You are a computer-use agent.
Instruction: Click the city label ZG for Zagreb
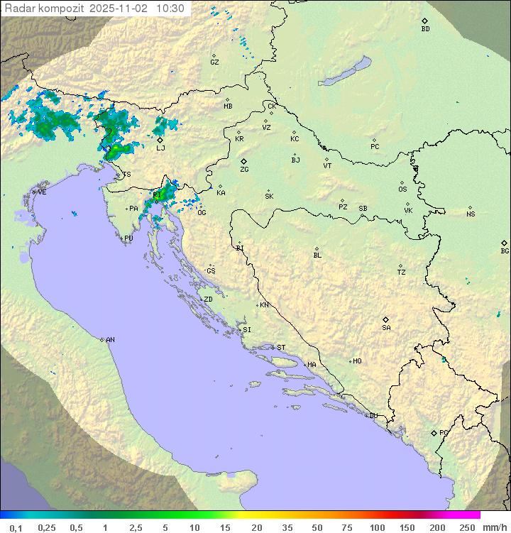pos(244,170)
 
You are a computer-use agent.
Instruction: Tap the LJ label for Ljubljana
pos(160,148)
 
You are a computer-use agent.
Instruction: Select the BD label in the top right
pos(425,29)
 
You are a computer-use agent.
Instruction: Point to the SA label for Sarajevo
pos(386,327)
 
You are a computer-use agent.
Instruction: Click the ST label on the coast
pos(281,348)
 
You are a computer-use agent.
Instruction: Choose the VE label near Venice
pos(42,192)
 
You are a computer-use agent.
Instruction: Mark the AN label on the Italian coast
pos(110,340)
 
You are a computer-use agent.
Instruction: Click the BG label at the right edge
pos(505,251)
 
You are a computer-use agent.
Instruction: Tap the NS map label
pos(471,214)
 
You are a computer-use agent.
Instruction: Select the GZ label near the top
pos(214,62)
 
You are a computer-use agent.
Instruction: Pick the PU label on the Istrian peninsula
pos(128,238)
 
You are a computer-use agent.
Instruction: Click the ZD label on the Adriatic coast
pos(208,300)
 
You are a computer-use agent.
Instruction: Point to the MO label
pos(357,361)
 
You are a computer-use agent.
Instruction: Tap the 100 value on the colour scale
pos(378,527)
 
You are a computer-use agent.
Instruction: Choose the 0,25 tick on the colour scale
pos(47,527)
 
